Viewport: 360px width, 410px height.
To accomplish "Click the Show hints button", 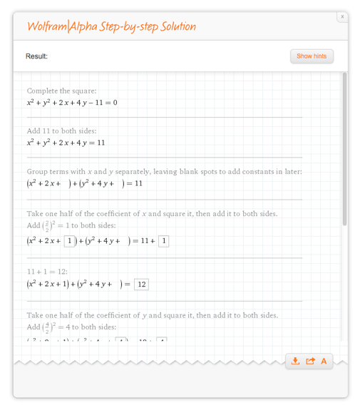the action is pyautogui.click(x=312, y=56).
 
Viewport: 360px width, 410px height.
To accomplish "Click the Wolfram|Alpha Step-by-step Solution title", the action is pyautogui.click(x=111, y=27).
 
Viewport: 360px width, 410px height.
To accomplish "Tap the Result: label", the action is pyautogui.click(x=36, y=56).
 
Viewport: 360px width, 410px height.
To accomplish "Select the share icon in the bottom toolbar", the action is pyautogui.click(x=310, y=361).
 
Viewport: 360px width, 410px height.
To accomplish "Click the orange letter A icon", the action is pyautogui.click(x=324, y=361).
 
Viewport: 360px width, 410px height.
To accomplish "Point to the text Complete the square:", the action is pyautogui.click(x=59, y=91).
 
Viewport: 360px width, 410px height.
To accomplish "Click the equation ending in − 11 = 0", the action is pyautogui.click(x=71, y=103).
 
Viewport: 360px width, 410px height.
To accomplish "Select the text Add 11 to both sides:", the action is pyautogui.click(x=61, y=130).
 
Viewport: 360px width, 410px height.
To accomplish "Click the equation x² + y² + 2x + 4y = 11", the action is pyautogui.click(x=66, y=143).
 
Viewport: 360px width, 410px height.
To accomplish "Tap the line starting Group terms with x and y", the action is pyautogui.click(x=164, y=171).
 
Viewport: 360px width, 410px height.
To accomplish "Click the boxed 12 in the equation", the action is pyautogui.click(x=142, y=284).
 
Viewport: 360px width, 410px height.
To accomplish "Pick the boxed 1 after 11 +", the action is pyautogui.click(x=163, y=241).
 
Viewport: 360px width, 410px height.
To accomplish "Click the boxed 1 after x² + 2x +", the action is pyautogui.click(x=69, y=241).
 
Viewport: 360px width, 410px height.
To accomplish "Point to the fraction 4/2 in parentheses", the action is pyautogui.click(x=49, y=327).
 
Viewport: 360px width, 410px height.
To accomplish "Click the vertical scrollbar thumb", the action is pyautogui.click(x=344, y=150).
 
